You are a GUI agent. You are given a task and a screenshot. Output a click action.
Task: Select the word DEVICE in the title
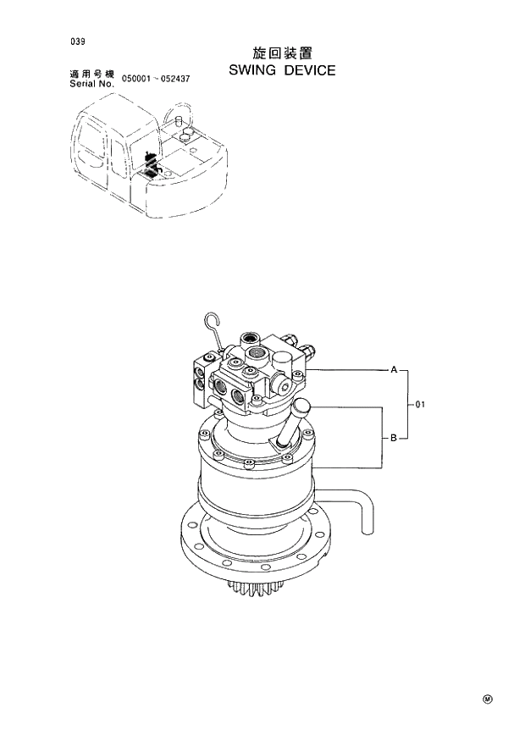point(309,70)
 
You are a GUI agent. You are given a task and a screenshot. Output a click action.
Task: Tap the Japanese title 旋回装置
point(282,53)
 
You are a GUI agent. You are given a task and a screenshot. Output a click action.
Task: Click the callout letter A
point(393,369)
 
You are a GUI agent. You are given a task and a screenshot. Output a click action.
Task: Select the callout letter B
point(393,439)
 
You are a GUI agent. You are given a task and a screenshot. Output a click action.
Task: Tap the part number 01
point(420,405)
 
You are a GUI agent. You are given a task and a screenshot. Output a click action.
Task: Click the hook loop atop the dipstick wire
point(212,321)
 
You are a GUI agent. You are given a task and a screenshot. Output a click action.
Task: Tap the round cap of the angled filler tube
point(301,407)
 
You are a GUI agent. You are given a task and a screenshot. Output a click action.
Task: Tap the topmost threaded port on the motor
point(251,339)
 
